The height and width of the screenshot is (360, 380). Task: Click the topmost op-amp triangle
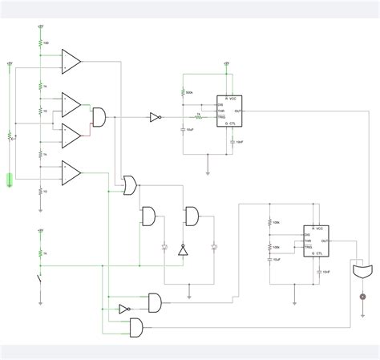tap(71, 60)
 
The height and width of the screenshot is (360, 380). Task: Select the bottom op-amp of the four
tap(71, 171)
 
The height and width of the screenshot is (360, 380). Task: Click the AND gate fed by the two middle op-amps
tap(101, 117)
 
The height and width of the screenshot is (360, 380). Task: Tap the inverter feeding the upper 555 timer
tap(156, 117)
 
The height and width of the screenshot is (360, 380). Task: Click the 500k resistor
tap(184, 92)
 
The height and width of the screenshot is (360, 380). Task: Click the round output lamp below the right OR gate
tap(362, 297)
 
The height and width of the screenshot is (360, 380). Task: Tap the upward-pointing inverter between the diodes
tap(182, 250)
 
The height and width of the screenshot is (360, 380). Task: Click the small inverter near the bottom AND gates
tap(124, 309)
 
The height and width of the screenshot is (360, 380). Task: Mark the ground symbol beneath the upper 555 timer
tap(208, 170)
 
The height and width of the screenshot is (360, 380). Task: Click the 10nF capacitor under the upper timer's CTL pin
tap(232, 141)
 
